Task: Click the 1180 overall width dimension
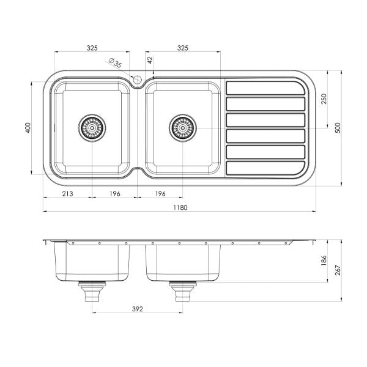click(x=180, y=207)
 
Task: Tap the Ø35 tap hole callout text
click(x=116, y=62)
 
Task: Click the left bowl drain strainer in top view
click(x=92, y=128)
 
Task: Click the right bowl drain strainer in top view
click(x=183, y=128)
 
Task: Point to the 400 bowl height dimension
click(x=28, y=128)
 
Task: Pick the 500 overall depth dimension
click(x=338, y=128)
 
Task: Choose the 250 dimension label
click(x=324, y=99)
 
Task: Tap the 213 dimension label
click(x=67, y=193)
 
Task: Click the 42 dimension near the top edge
click(x=150, y=60)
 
